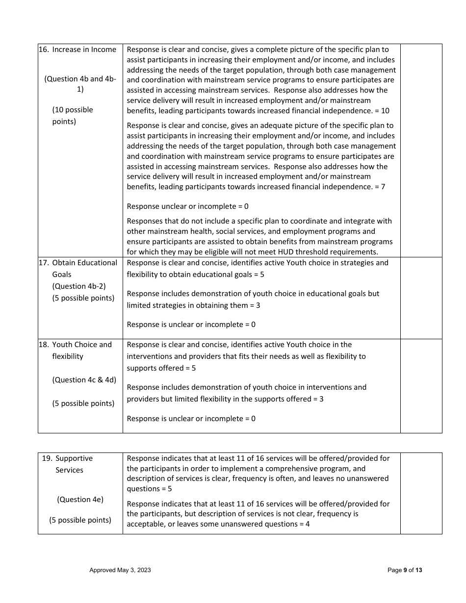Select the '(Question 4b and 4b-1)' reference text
click(80, 84)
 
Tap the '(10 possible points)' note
click(72, 116)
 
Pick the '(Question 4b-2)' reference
click(78, 286)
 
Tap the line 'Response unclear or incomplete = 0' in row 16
click(187, 206)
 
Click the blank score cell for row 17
click(421, 298)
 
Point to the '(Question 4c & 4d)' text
click(84, 380)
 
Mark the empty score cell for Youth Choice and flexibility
click(421, 385)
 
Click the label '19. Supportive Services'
click(69, 464)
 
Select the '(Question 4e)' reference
click(80, 500)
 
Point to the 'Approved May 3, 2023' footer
click(120, 570)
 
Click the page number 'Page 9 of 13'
click(405, 570)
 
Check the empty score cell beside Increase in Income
click(421, 150)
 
